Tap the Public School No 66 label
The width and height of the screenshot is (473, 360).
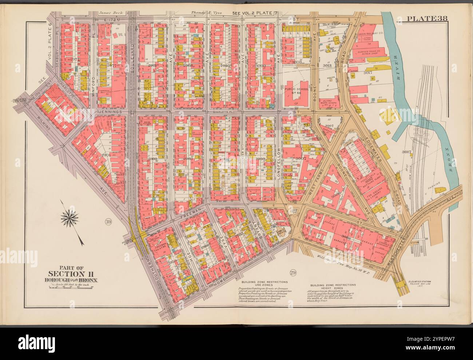pyautogui.click(x=294, y=90)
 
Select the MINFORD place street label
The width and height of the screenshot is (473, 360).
pyautogui.click(x=93, y=78)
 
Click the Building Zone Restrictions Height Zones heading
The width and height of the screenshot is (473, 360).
pyautogui.click(x=333, y=287)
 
